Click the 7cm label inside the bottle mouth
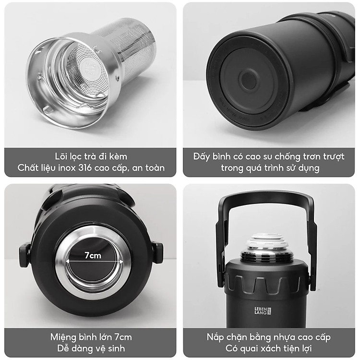pos(93,255)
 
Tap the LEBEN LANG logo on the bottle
pos(263,311)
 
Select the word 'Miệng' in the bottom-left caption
pos(63,337)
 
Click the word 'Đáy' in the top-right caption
pos(202,156)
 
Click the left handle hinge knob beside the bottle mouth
pos(24,255)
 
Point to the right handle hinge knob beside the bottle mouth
pos(157,253)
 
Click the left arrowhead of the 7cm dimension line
pos(68,261)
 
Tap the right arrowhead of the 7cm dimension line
pos(121,261)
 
